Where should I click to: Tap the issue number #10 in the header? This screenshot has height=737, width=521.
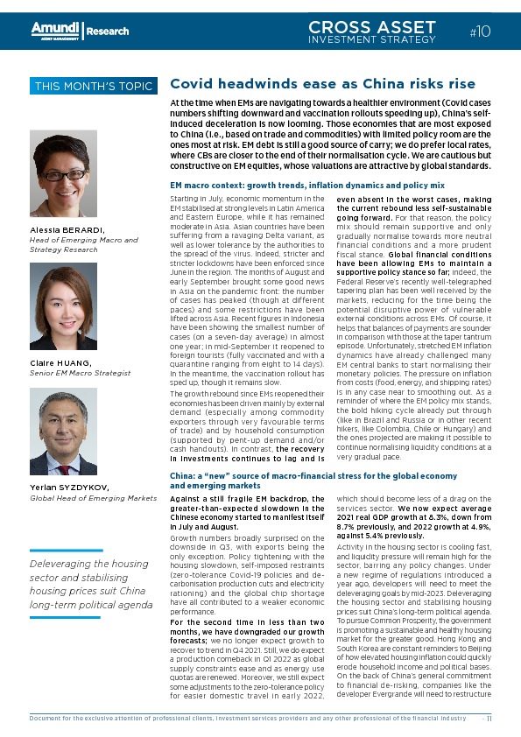point(480,32)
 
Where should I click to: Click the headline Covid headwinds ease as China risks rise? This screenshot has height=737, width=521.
point(322,84)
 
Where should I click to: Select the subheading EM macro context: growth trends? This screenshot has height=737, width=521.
point(306,186)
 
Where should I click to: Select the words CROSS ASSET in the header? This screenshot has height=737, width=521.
point(372,28)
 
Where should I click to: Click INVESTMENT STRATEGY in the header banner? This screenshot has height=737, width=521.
point(372,39)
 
